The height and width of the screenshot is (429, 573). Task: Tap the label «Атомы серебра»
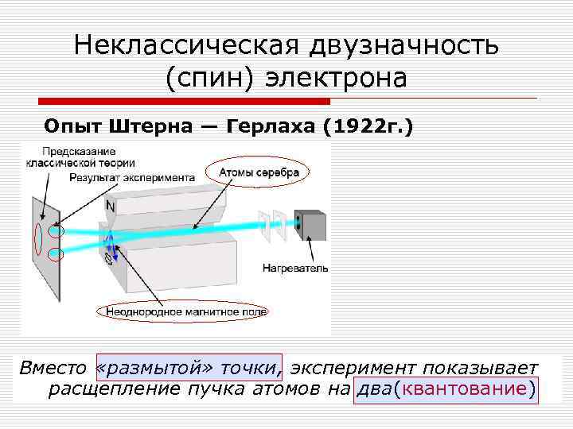coord(259,172)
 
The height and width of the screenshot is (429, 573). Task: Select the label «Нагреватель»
coord(295,269)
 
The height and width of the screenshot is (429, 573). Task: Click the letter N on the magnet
coord(109,206)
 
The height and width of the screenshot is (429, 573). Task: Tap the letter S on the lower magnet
coord(108,258)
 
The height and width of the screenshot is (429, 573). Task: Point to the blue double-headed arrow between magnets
coord(113,245)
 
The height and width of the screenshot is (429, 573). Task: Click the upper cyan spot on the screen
coord(56,232)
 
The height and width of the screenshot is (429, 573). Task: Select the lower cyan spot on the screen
coord(56,255)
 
